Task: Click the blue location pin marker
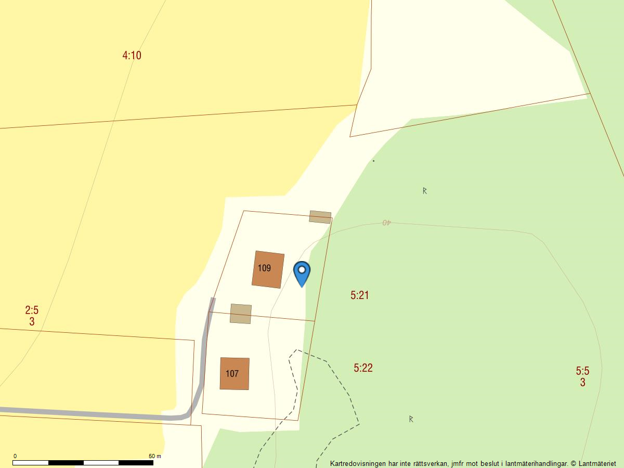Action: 302,271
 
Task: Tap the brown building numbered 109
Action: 268,269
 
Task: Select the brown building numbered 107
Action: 235,373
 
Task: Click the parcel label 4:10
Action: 132,55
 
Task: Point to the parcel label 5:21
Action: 359,295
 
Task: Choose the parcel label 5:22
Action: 363,368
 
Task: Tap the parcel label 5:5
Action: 582,371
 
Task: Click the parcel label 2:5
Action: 32,310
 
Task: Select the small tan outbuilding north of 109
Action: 320,217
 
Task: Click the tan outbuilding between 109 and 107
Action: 241,314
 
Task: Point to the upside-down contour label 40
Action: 386,223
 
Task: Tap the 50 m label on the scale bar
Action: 154,456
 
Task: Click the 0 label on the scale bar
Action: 15,456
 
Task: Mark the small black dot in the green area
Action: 373,161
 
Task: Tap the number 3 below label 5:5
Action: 582,383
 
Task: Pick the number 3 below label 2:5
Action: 32,322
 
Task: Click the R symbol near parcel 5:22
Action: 411,419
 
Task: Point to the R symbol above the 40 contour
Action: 424,191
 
